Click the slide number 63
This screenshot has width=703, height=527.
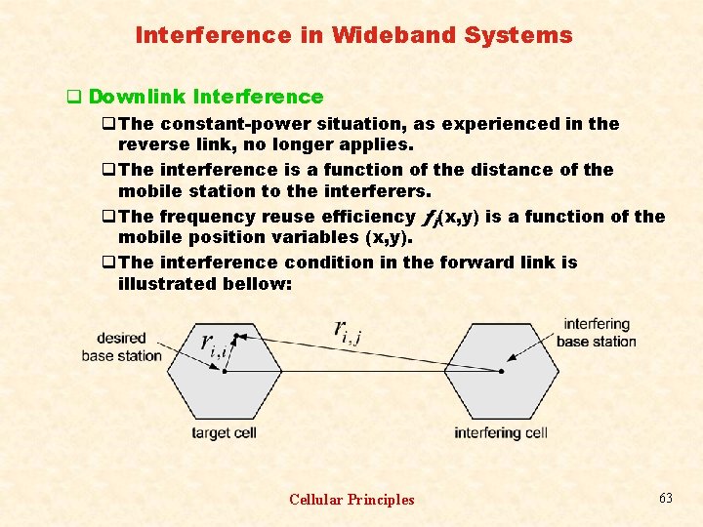pyautogui.click(x=666, y=498)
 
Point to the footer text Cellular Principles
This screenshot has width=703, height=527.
pyautogui.click(x=351, y=500)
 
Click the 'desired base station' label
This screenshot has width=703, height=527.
pyautogui.click(x=121, y=347)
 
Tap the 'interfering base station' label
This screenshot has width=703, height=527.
pyautogui.click(x=596, y=333)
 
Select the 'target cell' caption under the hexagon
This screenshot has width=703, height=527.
pyautogui.click(x=224, y=432)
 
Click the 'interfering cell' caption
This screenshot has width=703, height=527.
pyautogui.click(x=501, y=432)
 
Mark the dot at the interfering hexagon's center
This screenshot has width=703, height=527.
pyautogui.click(x=502, y=371)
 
